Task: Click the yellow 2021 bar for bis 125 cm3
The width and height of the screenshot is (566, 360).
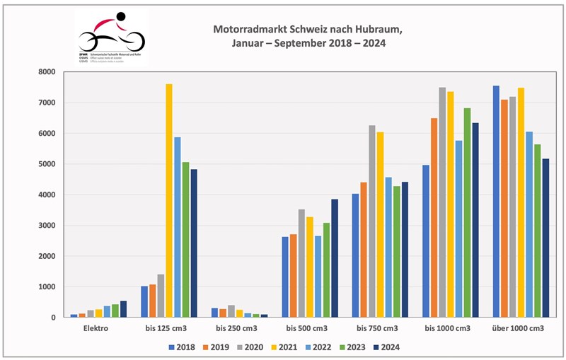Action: [169, 201]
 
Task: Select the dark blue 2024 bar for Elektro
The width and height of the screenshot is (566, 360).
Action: [124, 310]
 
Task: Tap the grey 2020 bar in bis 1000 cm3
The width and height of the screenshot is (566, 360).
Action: [442, 202]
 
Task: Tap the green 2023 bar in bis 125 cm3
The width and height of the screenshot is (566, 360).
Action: [185, 240]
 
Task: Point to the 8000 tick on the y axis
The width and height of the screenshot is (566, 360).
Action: [47, 72]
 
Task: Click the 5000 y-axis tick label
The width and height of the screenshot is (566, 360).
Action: [47, 164]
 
